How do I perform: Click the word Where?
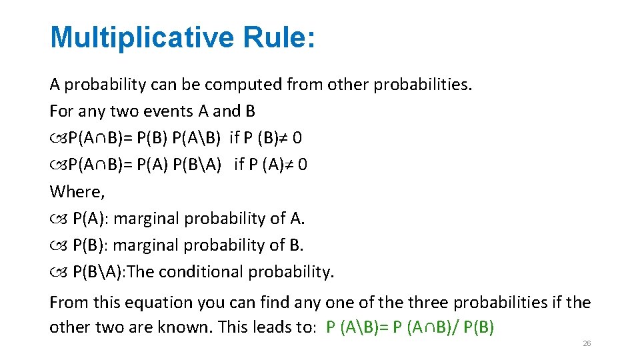[x=77, y=192]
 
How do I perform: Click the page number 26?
[x=587, y=343]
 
